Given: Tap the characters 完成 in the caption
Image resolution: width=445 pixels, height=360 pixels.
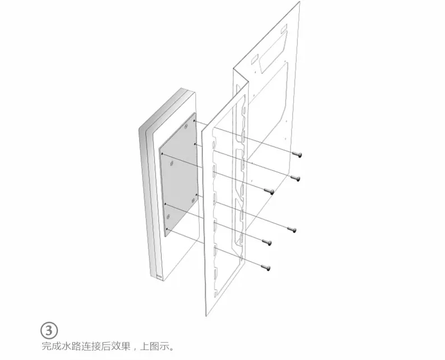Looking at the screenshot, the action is click(x=51, y=346).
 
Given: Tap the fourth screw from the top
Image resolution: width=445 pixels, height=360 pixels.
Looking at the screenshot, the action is click(x=291, y=229).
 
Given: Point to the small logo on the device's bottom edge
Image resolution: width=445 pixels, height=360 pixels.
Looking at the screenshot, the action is click(x=159, y=275).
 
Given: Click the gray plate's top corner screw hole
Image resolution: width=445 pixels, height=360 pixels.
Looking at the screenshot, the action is click(x=194, y=118).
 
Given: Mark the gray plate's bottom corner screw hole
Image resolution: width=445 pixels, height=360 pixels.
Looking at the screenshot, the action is click(x=168, y=230).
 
